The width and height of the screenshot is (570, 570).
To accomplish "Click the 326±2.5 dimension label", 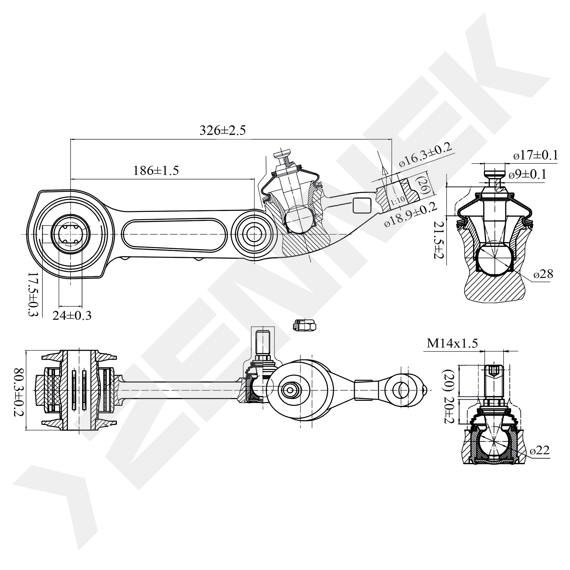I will (x=223, y=130).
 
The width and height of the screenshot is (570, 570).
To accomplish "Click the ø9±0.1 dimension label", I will (x=528, y=174).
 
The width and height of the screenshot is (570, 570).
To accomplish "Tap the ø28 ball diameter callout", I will (x=543, y=274).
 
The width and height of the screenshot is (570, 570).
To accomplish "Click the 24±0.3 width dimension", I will (x=72, y=316).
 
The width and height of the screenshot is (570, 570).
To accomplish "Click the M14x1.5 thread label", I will (x=452, y=343).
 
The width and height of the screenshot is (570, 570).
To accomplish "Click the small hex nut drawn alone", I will (x=304, y=325).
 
